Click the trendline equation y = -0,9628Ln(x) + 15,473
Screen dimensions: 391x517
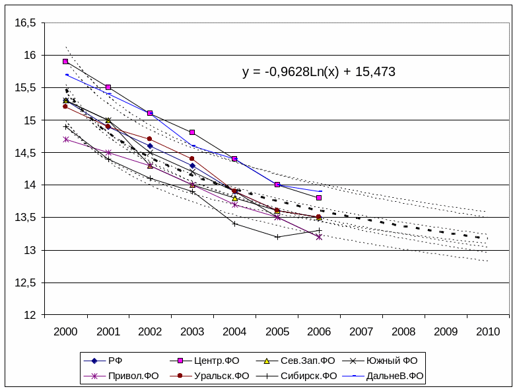point(318,71)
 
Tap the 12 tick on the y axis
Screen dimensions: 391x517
point(30,316)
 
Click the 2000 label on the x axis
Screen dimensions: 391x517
point(65,331)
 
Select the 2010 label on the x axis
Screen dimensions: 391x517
point(488,331)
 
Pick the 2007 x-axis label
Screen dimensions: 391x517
point(361,331)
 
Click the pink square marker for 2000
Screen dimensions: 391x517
point(65,62)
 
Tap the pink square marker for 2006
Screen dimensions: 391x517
point(319,198)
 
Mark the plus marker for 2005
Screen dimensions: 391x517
point(277,237)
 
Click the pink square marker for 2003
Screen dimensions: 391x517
point(192,132)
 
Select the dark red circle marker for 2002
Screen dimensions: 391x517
point(150,139)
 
